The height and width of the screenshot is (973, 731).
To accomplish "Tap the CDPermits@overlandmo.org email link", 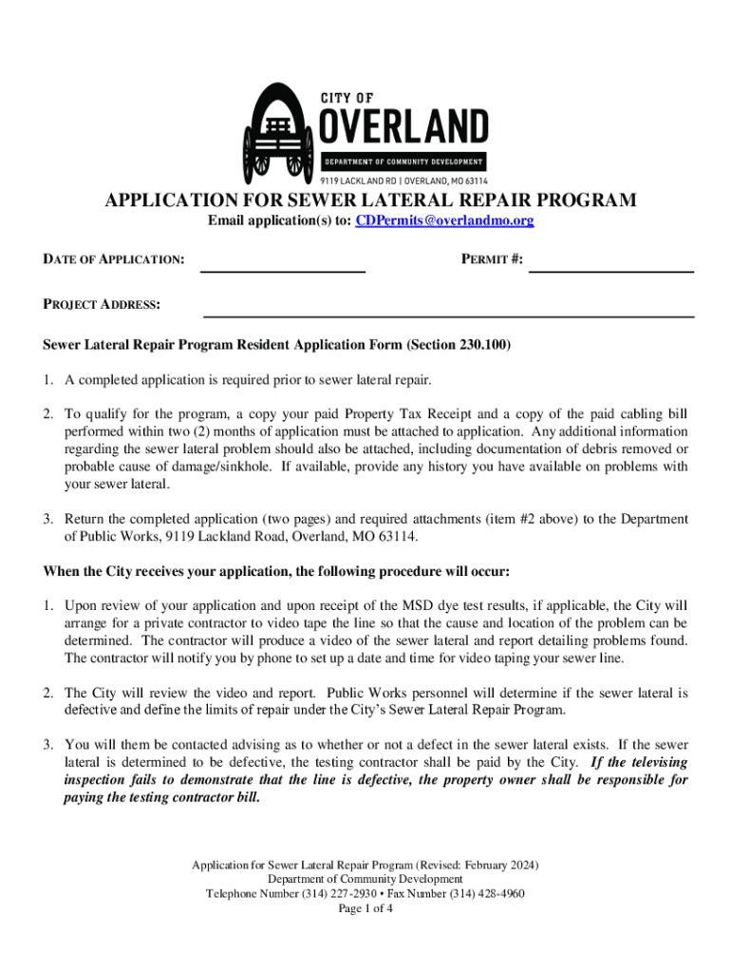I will click(x=443, y=220).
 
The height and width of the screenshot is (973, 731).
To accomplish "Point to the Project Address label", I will click(x=102, y=305).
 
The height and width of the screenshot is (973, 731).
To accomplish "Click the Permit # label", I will click(x=492, y=258).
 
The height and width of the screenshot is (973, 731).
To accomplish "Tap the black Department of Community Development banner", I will click(x=403, y=161).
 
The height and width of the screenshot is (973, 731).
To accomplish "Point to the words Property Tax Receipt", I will click(x=401, y=414).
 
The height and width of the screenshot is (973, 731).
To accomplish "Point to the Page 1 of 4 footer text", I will click(x=365, y=908).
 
